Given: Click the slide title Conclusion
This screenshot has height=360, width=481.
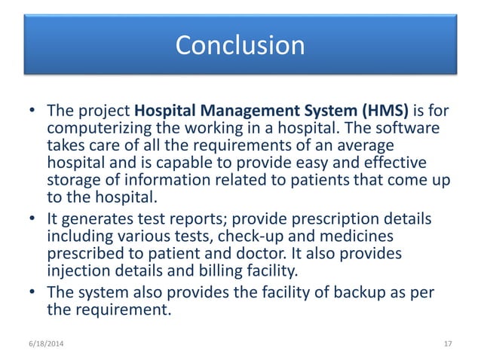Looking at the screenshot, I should pos(240,45).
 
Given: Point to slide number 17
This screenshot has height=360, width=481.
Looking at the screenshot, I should pos(447,344).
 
